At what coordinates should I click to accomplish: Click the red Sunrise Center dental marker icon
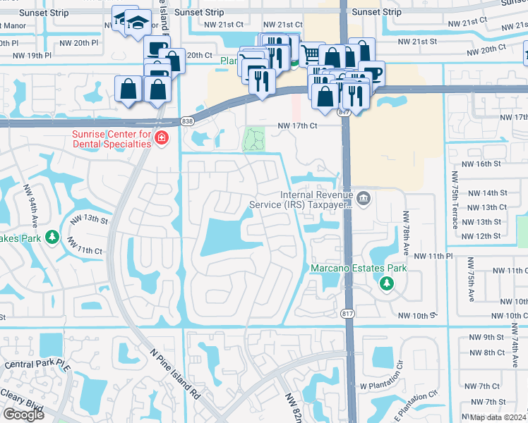[x=162, y=137]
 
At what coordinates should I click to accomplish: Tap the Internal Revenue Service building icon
[x=364, y=199]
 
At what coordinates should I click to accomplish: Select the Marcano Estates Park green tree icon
[x=385, y=283]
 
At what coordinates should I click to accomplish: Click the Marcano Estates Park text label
[x=358, y=269]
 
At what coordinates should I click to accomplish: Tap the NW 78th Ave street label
[x=406, y=232]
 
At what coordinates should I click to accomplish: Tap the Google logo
[x=23, y=415]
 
